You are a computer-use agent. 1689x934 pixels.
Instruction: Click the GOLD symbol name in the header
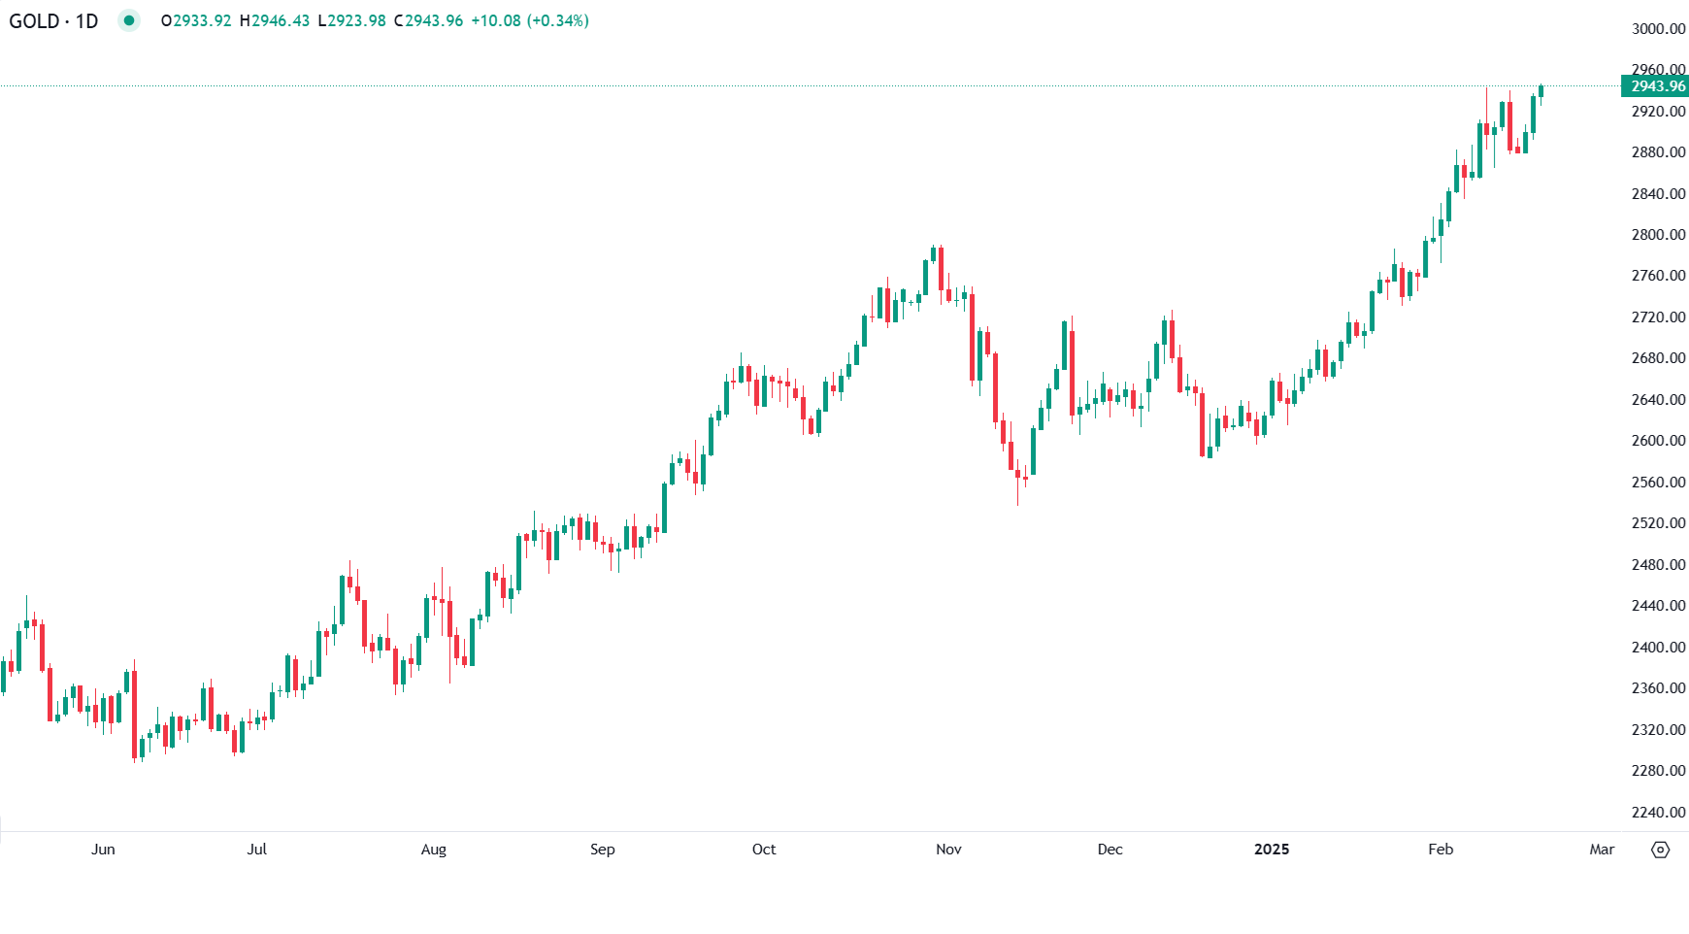coord(34,21)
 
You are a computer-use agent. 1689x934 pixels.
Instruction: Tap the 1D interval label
coord(86,21)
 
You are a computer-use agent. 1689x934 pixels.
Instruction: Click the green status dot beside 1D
coord(128,20)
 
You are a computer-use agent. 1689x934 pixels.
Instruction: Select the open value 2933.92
coord(201,21)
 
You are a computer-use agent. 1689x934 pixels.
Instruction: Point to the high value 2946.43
coord(280,21)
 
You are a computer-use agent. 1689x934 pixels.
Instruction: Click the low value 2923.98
coord(355,21)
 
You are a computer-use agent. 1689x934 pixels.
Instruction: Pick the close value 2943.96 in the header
coord(433,21)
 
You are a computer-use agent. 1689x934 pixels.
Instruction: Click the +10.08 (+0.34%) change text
coord(530,21)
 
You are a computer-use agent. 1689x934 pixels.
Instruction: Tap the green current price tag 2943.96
coord(1657,86)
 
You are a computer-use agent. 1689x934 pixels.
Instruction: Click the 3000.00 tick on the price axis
coord(1658,29)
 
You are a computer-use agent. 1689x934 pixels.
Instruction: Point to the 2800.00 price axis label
coord(1658,235)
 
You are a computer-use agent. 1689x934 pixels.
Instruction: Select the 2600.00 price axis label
coord(1658,441)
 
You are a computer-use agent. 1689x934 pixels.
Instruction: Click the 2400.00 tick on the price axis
coord(1658,647)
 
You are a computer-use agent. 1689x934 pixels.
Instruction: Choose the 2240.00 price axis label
coord(1658,812)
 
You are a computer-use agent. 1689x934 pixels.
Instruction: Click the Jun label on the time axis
coord(103,850)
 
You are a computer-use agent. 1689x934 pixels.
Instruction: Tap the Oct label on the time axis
coord(764,850)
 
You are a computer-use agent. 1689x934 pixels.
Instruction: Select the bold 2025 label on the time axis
coord(1272,850)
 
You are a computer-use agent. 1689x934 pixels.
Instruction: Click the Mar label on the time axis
coord(1602,850)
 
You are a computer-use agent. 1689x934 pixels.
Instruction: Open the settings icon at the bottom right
coord(1661,850)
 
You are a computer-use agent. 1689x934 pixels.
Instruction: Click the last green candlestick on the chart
coord(1540,91)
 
